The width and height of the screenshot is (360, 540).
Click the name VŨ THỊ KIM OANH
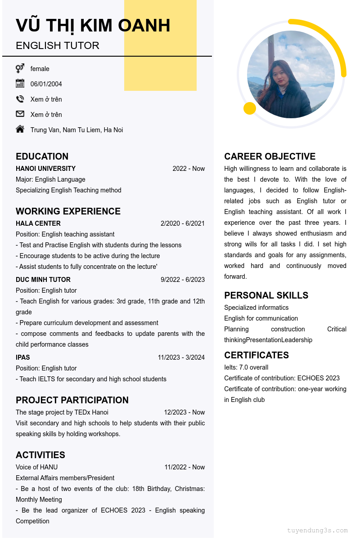(93, 26)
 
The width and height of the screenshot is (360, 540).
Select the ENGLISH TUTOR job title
(58, 46)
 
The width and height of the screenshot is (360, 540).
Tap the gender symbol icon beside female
(20, 68)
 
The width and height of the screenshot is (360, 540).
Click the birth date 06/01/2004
(46, 84)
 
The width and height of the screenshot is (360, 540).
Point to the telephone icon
(20, 99)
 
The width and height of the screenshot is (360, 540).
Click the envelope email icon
(20, 114)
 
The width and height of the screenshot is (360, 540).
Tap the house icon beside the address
(20, 129)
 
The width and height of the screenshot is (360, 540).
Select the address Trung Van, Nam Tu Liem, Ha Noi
(76, 130)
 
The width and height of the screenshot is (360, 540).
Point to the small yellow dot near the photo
(250, 108)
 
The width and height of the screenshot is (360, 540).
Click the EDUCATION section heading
(42, 156)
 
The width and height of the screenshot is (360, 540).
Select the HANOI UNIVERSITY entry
(45, 169)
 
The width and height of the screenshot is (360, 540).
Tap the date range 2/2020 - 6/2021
(182, 223)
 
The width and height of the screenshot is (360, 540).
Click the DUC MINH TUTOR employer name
(43, 280)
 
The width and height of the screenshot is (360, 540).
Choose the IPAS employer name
(23, 357)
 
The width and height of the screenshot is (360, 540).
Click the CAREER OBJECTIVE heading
(270, 156)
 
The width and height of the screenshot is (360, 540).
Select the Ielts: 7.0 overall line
(246, 367)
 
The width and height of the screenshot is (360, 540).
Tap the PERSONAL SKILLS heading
(266, 295)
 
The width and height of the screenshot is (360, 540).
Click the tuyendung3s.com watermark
(317, 531)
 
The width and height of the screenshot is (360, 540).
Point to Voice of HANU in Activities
(36, 467)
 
